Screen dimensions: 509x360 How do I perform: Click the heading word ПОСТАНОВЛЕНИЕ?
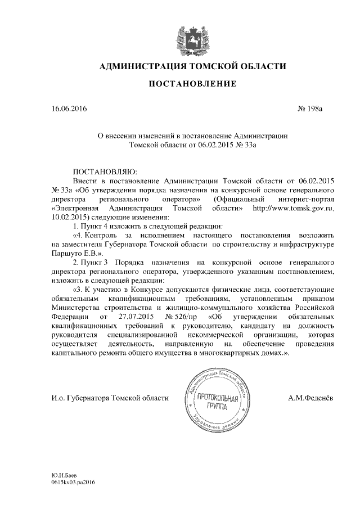coord(192,84)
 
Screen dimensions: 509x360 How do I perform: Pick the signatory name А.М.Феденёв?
coord(310,398)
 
